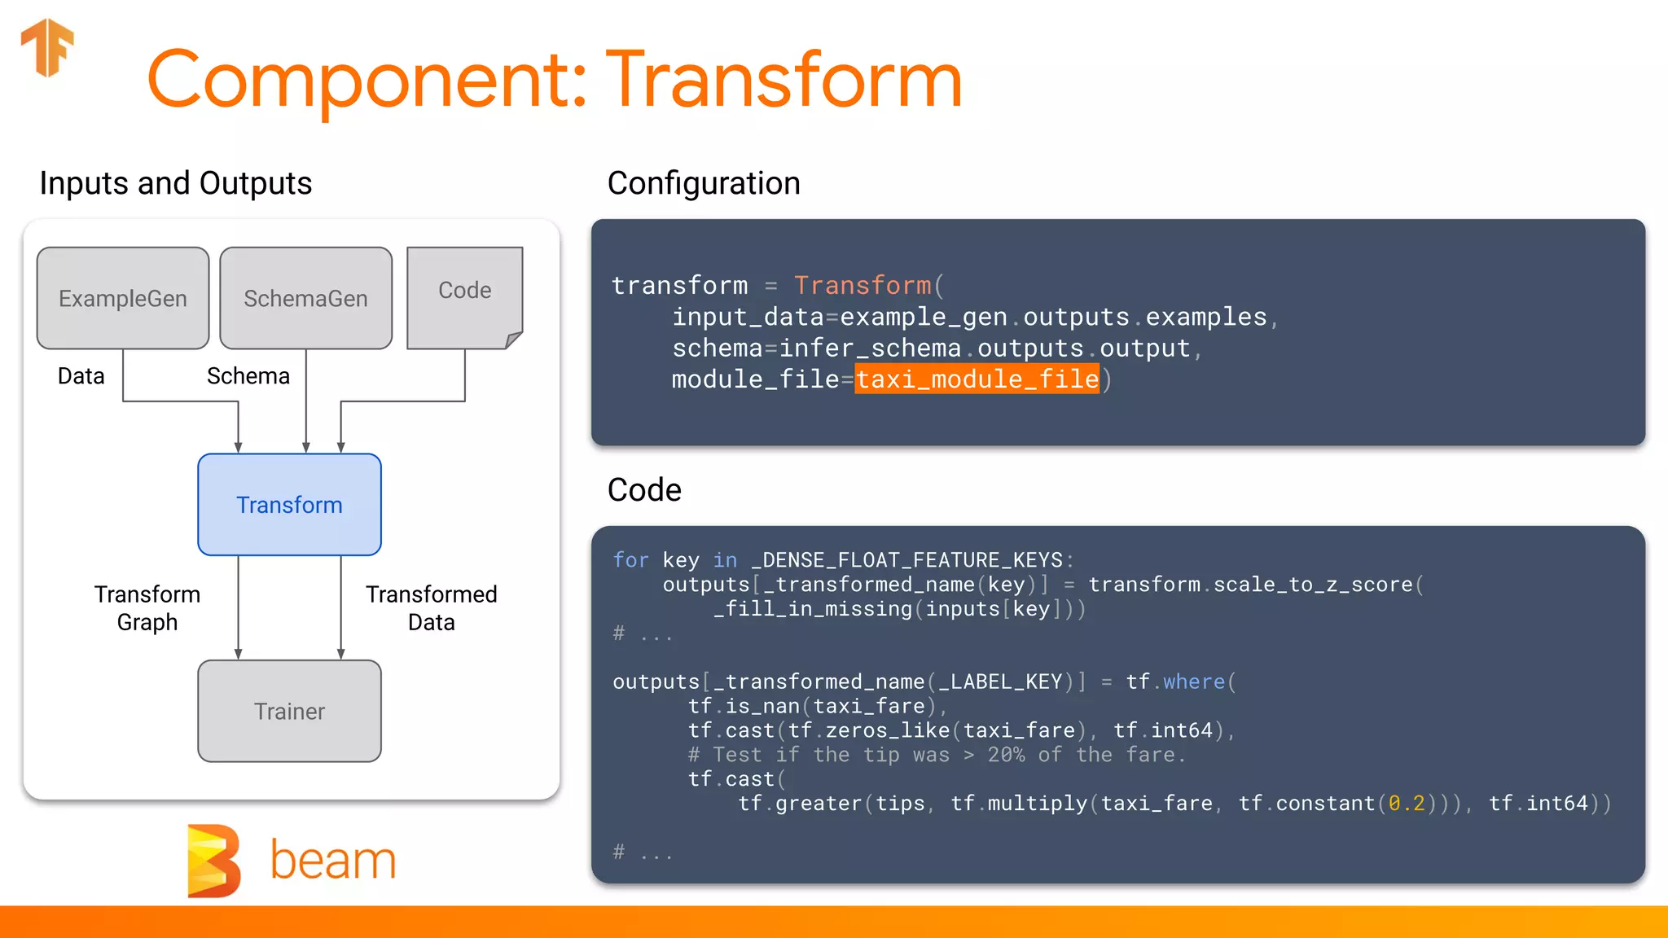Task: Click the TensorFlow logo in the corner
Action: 48,46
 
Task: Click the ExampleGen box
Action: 123,298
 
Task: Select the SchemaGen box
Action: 305,298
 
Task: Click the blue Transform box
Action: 289,505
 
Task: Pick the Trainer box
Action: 289,711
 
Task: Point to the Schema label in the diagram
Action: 248,376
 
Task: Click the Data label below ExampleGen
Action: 81,376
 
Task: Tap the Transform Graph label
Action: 147,607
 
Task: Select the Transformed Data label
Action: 431,607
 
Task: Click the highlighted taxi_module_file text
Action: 977,379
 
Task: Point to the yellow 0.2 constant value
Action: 1407,804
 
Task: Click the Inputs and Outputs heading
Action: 176,183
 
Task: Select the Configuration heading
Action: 704,183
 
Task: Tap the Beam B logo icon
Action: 213,861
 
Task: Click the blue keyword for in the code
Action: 630,560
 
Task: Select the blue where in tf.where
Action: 1193,682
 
